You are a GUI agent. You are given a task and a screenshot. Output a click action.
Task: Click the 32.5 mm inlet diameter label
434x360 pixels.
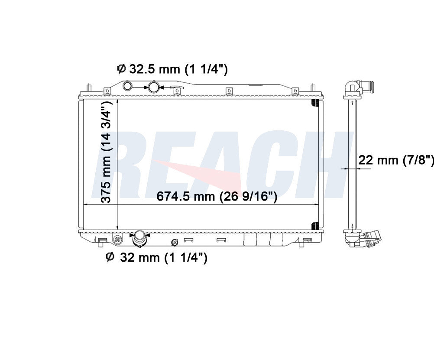click(x=172, y=69)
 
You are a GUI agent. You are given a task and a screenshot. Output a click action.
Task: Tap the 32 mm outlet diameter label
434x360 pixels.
click(x=157, y=257)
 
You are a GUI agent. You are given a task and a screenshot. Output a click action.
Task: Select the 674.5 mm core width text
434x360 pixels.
click(x=217, y=197)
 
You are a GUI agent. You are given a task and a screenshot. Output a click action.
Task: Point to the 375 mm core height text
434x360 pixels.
click(x=106, y=152)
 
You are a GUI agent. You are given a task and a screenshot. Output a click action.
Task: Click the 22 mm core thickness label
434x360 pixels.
click(x=396, y=160)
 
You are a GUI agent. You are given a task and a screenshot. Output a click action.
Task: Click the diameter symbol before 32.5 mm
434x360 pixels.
click(x=121, y=69)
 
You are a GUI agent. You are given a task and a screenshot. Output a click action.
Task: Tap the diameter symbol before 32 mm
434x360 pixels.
click(x=110, y=257)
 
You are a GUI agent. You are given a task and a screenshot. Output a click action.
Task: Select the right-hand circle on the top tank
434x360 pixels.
click(x=153, y=87)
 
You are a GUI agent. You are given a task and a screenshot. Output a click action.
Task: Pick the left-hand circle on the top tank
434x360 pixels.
click(x=128, y=86)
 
